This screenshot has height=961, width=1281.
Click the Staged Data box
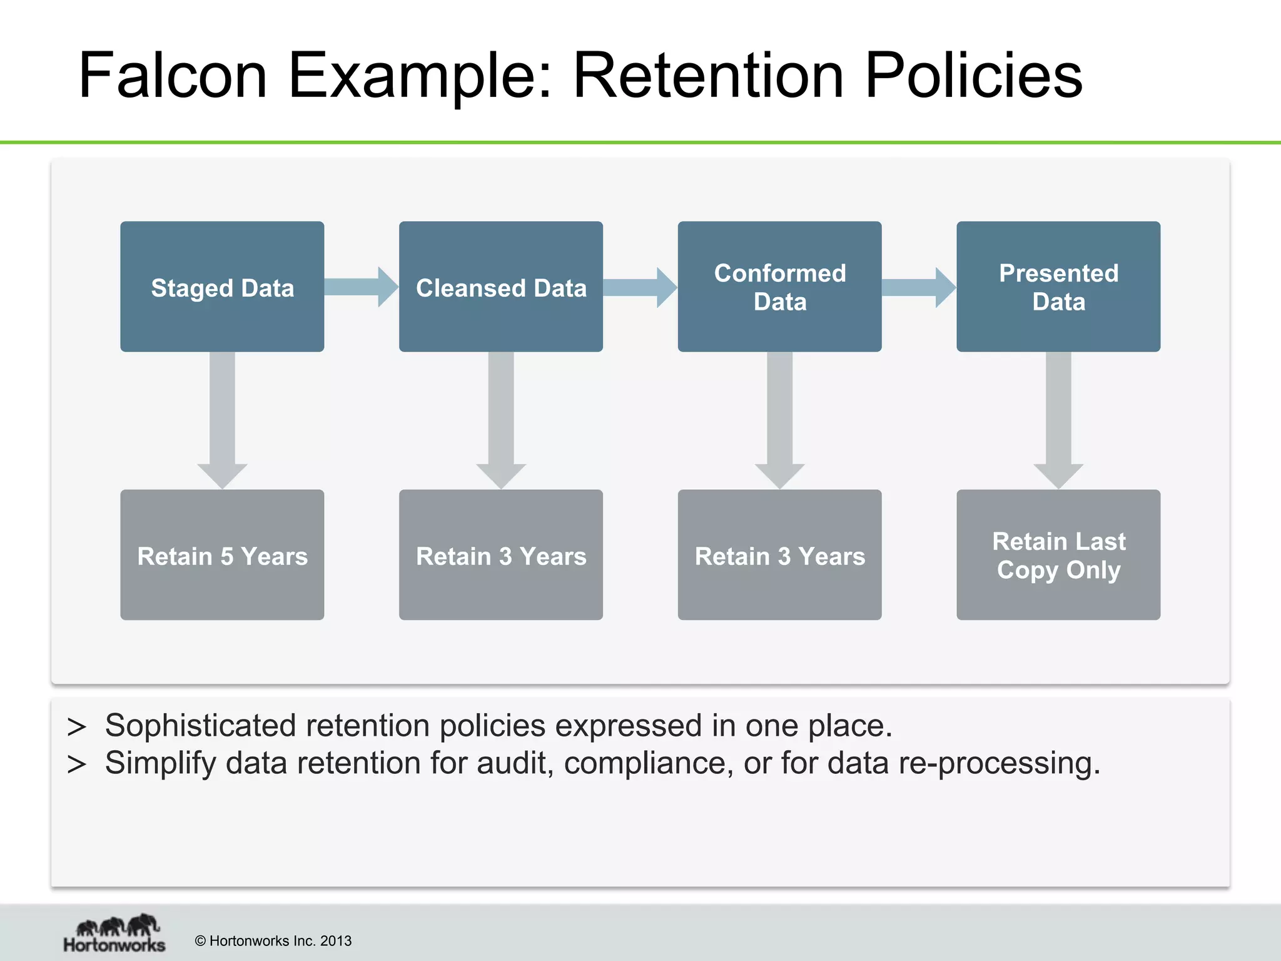222,287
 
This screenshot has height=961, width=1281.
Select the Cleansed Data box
501,287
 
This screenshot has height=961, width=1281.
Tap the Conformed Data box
779,287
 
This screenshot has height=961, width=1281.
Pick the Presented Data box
1058,287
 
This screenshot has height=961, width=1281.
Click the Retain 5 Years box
222,555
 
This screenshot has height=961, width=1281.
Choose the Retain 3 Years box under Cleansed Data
501,555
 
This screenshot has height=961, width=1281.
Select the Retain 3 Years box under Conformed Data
779,555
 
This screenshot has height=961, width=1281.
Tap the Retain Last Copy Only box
1058,555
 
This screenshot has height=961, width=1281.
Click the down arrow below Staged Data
222,419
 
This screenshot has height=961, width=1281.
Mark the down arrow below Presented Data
1058,419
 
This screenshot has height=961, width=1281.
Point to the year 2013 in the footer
335,941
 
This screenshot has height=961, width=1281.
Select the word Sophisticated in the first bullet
200,726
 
